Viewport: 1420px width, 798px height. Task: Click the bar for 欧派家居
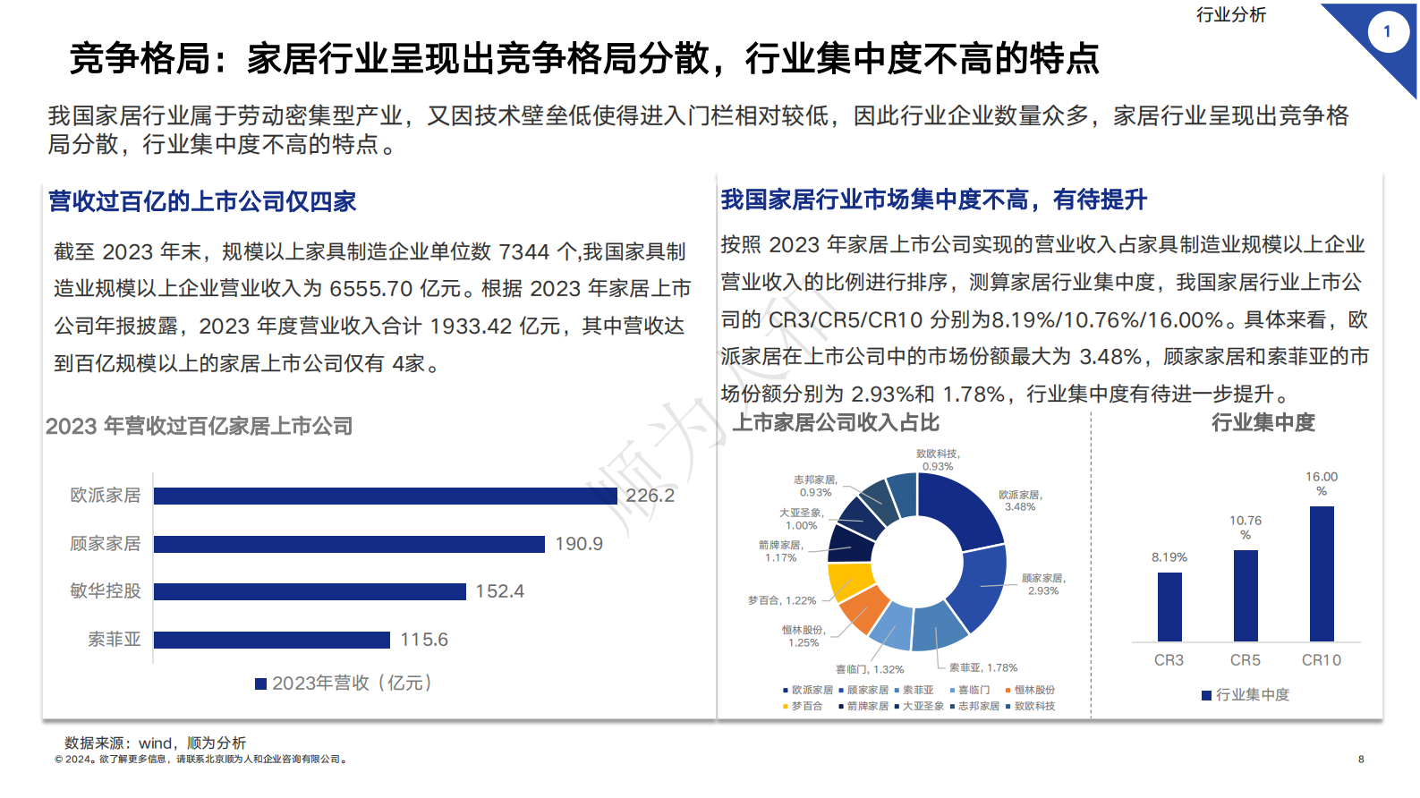385,496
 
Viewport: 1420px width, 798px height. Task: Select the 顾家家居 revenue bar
349,544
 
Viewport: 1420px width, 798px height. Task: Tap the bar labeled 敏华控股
310,591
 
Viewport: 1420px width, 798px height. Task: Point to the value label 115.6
424,640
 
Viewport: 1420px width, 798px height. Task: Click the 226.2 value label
650,496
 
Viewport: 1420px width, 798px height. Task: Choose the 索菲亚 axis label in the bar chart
115,640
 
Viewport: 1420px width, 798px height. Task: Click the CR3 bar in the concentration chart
1169,607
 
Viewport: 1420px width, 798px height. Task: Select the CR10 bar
1322,573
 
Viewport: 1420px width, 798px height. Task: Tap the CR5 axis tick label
1246,660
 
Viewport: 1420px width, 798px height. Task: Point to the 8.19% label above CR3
1169,557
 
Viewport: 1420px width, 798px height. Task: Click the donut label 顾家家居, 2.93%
1043,584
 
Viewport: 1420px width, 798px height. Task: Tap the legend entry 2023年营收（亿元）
344,683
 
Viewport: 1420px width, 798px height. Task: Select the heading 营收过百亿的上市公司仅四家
202,201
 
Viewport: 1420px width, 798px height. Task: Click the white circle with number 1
1387,32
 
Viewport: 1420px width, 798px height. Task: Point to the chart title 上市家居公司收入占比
836,423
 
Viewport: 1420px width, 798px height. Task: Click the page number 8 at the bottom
1361,760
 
